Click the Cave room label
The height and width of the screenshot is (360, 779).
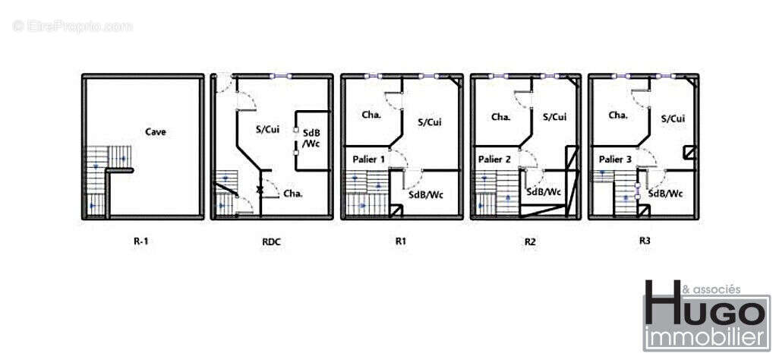click(x=156, y=131)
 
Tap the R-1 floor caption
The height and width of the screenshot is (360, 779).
click(x=141, y=242)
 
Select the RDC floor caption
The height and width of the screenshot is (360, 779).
click(x=271, y=242)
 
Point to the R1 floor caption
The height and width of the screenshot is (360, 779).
click(x=401, y=242)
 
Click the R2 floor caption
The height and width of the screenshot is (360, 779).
click(x=530, y=242)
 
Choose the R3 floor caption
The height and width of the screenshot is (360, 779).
click(x=645, y=240)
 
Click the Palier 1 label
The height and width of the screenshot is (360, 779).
click(x=369, y=159)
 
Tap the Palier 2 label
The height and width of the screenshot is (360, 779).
click(x=494, y=159)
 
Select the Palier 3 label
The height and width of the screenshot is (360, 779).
click(x=615, y=159)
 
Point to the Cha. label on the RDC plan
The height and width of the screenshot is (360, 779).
click(x=293, y=194)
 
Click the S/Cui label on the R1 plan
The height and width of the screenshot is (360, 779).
click(x=430, y=122)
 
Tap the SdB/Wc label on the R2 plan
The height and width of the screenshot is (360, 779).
click(x=544, y=192)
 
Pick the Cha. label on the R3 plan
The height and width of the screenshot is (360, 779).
click(x=618, y=115)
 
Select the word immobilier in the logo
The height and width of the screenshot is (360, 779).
click(x=706, y=339)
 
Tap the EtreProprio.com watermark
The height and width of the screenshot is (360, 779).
click(x=73, y=27)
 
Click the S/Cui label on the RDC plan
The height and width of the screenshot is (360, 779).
click(x=267, y=129)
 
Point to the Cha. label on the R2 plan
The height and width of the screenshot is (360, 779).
click(x=501, y=118)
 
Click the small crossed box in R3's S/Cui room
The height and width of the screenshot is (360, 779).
click(x=689, y=152)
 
